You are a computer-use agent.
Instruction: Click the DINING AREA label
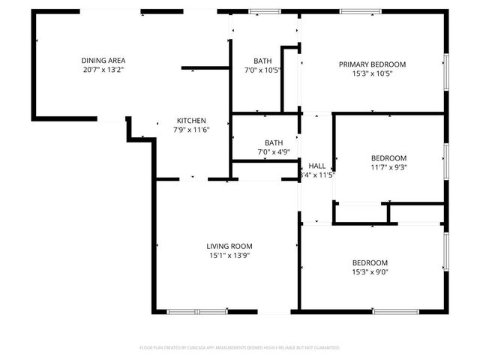click(x=103, y=60)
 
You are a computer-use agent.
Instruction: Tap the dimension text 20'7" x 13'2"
click(x=103, y=70)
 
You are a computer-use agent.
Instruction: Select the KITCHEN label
click(x=191, y=121)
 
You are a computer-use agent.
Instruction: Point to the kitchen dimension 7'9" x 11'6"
click(x=191, y=130)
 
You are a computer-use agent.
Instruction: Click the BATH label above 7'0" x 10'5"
click(x=262, y=61)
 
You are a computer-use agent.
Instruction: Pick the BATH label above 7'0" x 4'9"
click(x=273, y=142)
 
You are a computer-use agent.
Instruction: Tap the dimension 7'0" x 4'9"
click(x=273, y=152)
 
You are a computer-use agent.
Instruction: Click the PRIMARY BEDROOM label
click(x=372, y=64)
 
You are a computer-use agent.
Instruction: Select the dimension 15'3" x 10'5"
click(x=372, y=73)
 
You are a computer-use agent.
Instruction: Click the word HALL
click(x=317, y=166)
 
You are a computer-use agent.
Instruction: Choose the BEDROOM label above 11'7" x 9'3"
click(x=388, y=157)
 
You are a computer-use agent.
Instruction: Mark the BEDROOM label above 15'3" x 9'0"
click(x=370, y=262)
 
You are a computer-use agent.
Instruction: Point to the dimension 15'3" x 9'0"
click(x=370, y=272)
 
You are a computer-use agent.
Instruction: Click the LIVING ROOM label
click(x=229, y=246)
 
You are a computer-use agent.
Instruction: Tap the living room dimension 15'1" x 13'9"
click(x=229, y=256)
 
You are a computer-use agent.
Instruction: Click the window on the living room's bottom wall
click(x=197, y=311)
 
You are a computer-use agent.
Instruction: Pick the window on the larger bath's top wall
click(x=265, y=11)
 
